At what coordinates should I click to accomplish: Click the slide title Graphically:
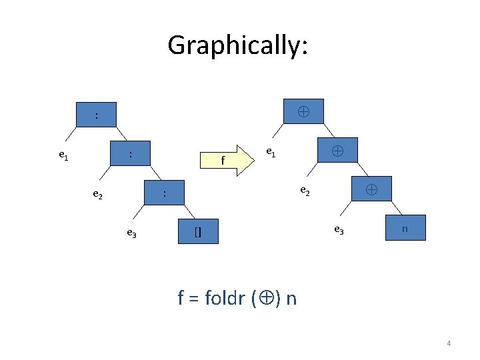click(x=237, y=45)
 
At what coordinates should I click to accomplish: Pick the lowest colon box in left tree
click(x=165, y=193)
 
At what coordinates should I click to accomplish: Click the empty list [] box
click(x=198, y=231)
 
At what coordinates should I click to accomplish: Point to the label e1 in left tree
click(x=63, y=156)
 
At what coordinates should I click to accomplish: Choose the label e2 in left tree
click(x=97, y=195)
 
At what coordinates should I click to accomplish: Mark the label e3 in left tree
click(x=132, y=233)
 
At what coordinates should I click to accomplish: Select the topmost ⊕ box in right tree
click(x=303, y=111)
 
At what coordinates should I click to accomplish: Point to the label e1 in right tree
click(x=270, y=152)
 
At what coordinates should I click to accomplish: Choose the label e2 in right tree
click(x=305, y=191)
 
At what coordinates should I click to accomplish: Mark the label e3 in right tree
click(x=339, y=229)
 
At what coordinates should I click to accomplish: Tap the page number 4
click(x=449, y=343)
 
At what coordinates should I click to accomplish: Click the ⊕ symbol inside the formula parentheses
click(x=265, y=298)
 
